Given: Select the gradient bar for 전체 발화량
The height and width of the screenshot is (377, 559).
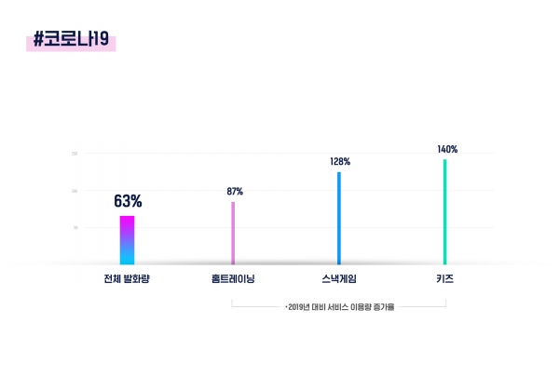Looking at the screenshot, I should [127, 240].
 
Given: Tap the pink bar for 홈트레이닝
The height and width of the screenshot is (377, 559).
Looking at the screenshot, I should [233, 233].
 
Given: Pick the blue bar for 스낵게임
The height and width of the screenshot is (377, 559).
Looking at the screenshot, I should [339, 218].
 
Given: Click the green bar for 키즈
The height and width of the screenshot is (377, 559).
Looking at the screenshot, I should [445, 211].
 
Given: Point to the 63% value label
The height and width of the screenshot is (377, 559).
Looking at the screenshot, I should [128, 201].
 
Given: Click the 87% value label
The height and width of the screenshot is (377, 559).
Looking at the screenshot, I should [235, 192].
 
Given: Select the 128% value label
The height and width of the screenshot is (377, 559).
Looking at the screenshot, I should [340, 161].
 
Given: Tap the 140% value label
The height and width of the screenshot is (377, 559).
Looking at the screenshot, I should [447, 149].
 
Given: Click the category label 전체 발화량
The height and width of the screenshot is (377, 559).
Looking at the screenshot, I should [128, 278].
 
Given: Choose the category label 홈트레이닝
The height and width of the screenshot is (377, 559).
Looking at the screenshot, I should [234, 278].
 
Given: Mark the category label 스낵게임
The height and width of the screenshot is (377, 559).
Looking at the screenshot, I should [339, 278].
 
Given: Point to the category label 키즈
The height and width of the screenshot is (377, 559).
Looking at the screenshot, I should [444, 278].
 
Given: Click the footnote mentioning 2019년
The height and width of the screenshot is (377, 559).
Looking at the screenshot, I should [340, 307].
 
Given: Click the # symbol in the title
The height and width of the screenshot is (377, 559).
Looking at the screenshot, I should [39, 40].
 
